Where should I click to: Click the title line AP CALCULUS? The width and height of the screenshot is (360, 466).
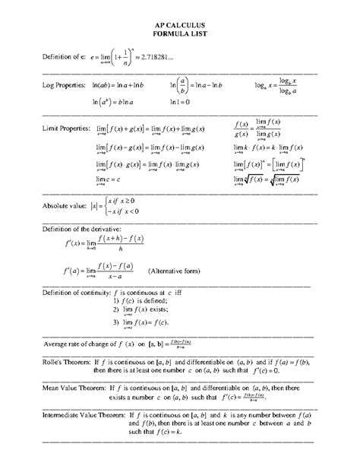click(x=180, y=25)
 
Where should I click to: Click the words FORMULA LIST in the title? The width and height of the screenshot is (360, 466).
click(x=180, y=34)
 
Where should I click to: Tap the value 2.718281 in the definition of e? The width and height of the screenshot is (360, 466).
click(x=163, y=58)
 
